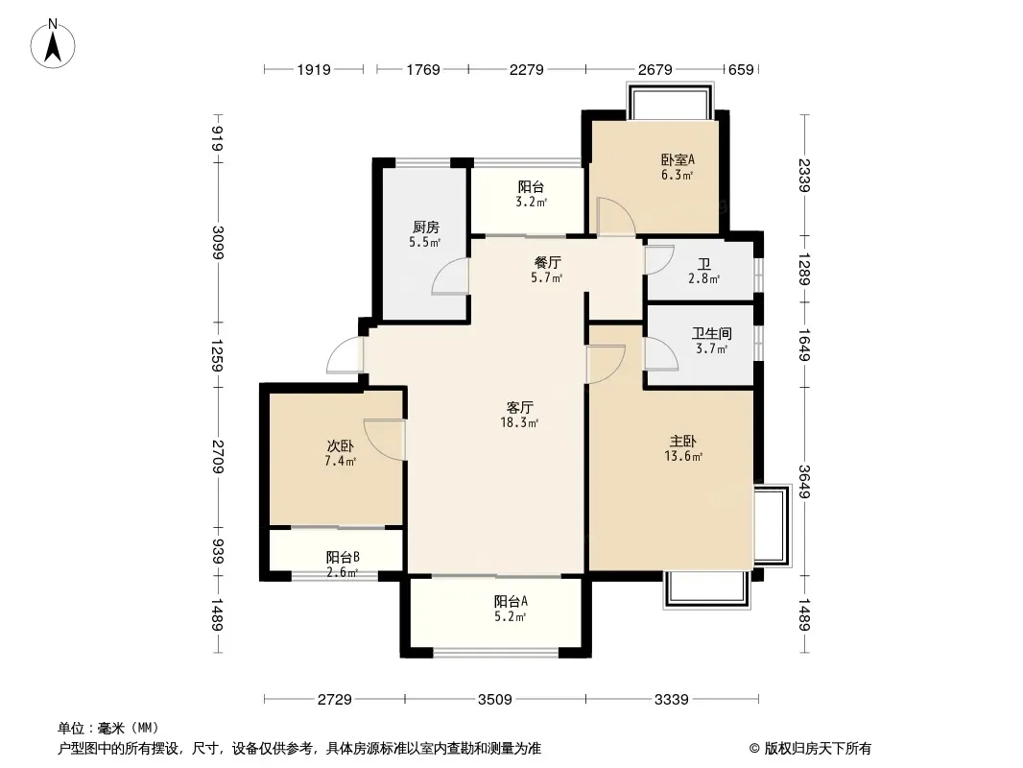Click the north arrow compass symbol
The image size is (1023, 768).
click(x=53, y=43)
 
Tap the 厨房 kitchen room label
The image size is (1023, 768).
click(x=425, y=228)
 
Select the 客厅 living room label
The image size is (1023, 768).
click(x=520, y=408)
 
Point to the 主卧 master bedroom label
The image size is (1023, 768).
click(x=683, y=442)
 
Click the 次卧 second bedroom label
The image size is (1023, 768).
click(x=341, y=446)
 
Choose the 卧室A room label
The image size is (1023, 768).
click(x=678, y=159)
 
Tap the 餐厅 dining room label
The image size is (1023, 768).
click(x=547, y=262)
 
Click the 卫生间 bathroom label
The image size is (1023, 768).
click(x=712, y=333)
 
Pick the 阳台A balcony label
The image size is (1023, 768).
click(x=511, y=601)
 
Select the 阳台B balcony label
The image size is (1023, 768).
click(x=343, y=557)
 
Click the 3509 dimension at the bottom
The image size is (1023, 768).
click(x=494, y=700)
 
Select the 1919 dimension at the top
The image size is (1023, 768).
click(x=314, y=69)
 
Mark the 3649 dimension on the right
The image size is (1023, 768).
click(x=804, y=482)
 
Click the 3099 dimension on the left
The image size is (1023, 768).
click(x=217, y=242)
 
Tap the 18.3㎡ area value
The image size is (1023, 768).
click(x=519, y=422)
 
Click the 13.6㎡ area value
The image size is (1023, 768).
click(x=683, y=457)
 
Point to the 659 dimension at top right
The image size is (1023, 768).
click(x=741, y=69)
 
